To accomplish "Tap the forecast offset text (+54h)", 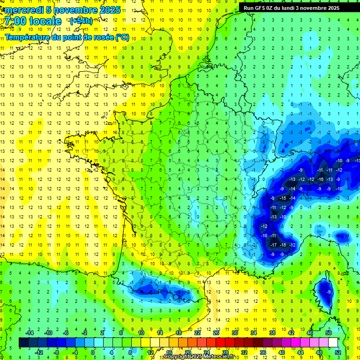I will point(81,21).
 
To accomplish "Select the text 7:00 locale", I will point(32,21).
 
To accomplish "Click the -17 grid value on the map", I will point(273,245).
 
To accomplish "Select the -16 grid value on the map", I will point(321,180).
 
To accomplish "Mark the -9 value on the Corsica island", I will point(329,292).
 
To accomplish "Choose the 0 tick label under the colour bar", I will point(93,352).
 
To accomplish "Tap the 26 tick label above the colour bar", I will point(216,332).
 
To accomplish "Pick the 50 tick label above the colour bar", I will point(329,332).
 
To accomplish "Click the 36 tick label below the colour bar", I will point(262,352).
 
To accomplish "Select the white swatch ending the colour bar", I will point(333,342).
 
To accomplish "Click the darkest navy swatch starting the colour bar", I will point(23,342).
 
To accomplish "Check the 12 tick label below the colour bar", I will point(150,352).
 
